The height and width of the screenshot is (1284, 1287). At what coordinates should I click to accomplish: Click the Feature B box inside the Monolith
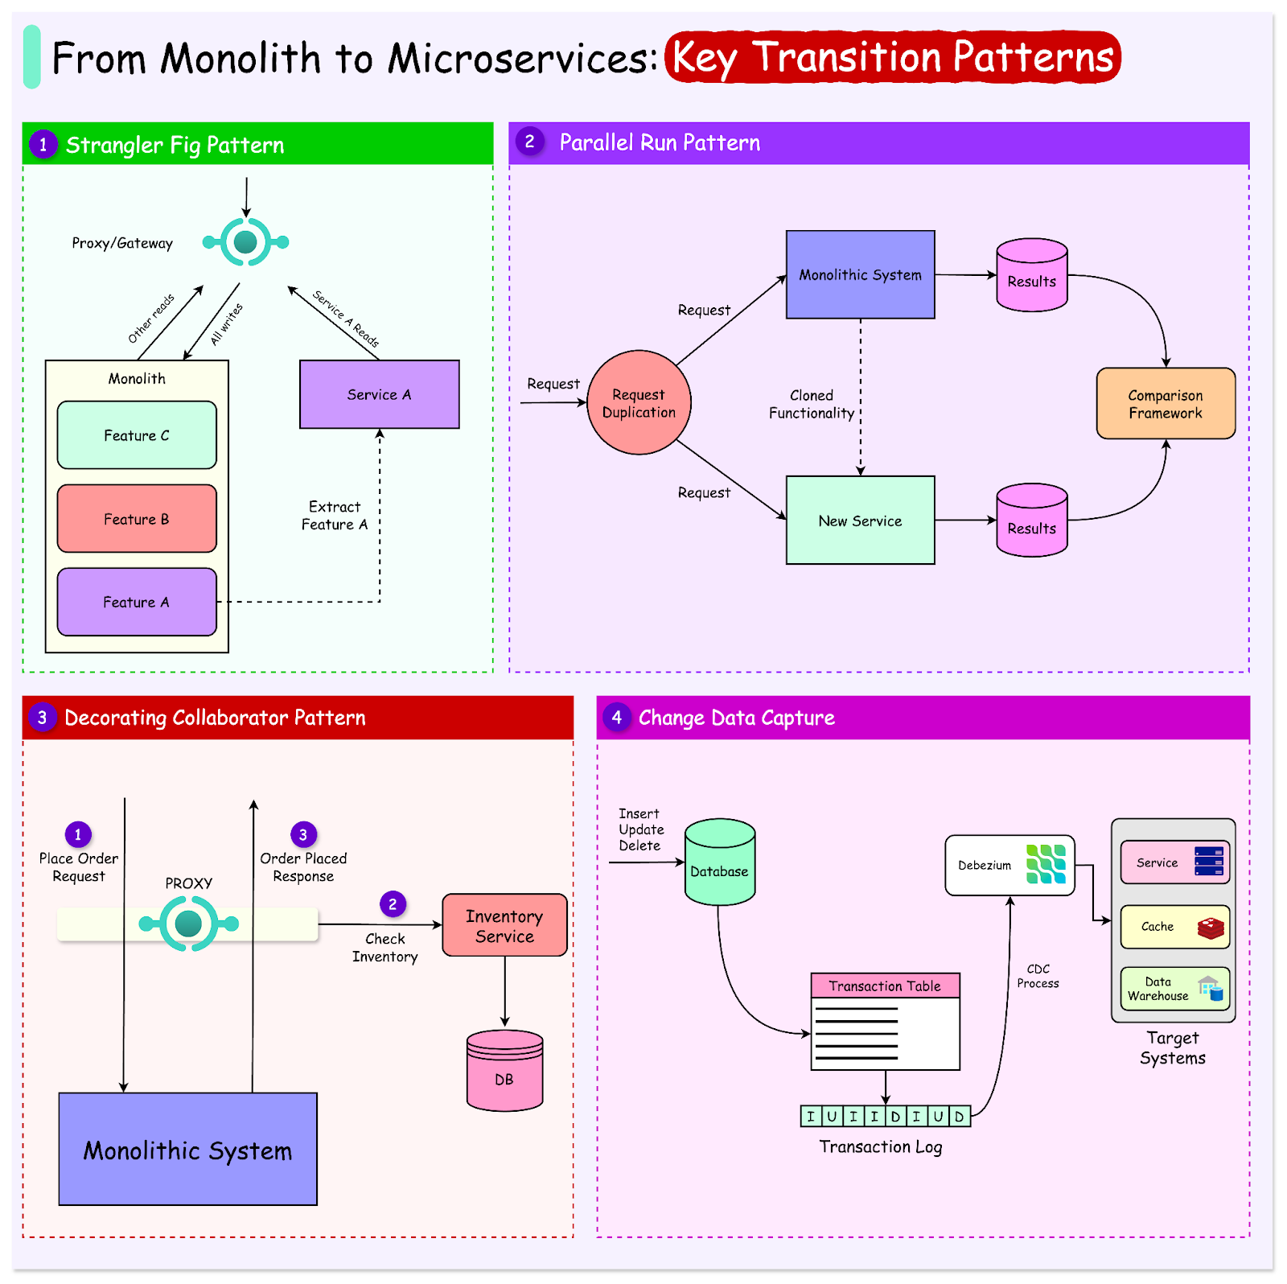coord(137,519)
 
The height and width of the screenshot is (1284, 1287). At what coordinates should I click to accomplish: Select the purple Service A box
coord(379,394)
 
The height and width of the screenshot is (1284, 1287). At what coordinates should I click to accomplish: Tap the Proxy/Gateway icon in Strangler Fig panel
coord(245,241)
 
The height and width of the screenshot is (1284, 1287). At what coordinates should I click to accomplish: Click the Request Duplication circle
coord(639,403)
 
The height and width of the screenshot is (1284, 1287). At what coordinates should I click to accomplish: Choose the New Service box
coord(860,521)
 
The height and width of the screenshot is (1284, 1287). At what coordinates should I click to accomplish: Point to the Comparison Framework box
coord(1166,404)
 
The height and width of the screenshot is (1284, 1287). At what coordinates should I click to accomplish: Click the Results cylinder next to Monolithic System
coord(1031,276)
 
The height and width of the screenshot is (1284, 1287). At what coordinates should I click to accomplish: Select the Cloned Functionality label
coord(811,404)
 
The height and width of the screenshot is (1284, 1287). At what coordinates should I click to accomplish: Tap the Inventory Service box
coord(504,925)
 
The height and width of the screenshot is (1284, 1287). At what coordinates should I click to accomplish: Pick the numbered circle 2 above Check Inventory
coord(393,903)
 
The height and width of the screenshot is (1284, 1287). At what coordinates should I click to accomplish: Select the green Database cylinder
coord(719,862)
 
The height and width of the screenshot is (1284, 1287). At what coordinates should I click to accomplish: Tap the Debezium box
coord(1009,865)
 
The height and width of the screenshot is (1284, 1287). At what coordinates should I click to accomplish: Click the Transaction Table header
coord(885,986)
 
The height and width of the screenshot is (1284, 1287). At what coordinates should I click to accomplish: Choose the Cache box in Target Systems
coord(1174,927)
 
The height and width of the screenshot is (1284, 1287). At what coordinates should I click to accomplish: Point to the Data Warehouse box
coord(1174,989)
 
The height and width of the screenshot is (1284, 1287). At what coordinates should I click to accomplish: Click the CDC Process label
coord(1038,976)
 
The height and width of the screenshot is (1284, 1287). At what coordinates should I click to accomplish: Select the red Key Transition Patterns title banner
coord(892,57)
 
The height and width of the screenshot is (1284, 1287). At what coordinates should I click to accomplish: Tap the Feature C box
coord(137,435)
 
